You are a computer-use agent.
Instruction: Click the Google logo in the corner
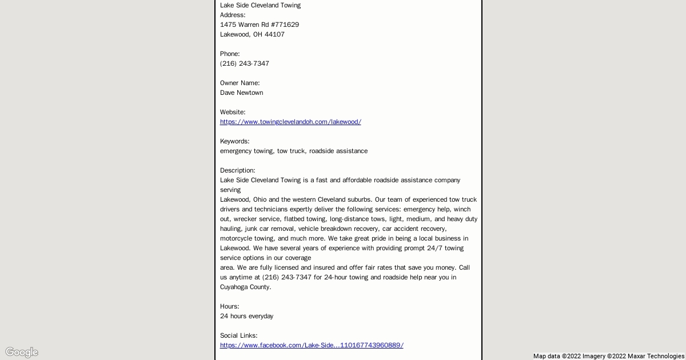22,352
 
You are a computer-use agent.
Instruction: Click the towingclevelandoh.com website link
290,122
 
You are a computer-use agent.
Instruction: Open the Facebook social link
312,345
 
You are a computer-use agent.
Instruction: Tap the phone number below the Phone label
245,63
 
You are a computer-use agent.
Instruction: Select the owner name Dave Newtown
241,93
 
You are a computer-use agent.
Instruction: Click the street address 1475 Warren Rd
260,25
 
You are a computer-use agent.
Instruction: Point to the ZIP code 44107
274,34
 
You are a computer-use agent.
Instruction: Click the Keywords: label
234,141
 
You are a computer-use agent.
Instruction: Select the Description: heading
237,170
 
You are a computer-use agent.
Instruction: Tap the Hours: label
229,306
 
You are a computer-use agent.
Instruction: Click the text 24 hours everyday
246,316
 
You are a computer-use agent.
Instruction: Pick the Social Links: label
238,335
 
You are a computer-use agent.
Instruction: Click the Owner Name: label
240,83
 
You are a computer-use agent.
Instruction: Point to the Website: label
233,112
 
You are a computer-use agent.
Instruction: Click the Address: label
233,15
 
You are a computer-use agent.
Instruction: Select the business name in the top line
260,5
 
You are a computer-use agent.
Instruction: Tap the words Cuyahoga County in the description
245,287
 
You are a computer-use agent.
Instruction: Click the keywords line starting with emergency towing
294,151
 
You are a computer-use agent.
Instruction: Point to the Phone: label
230,54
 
